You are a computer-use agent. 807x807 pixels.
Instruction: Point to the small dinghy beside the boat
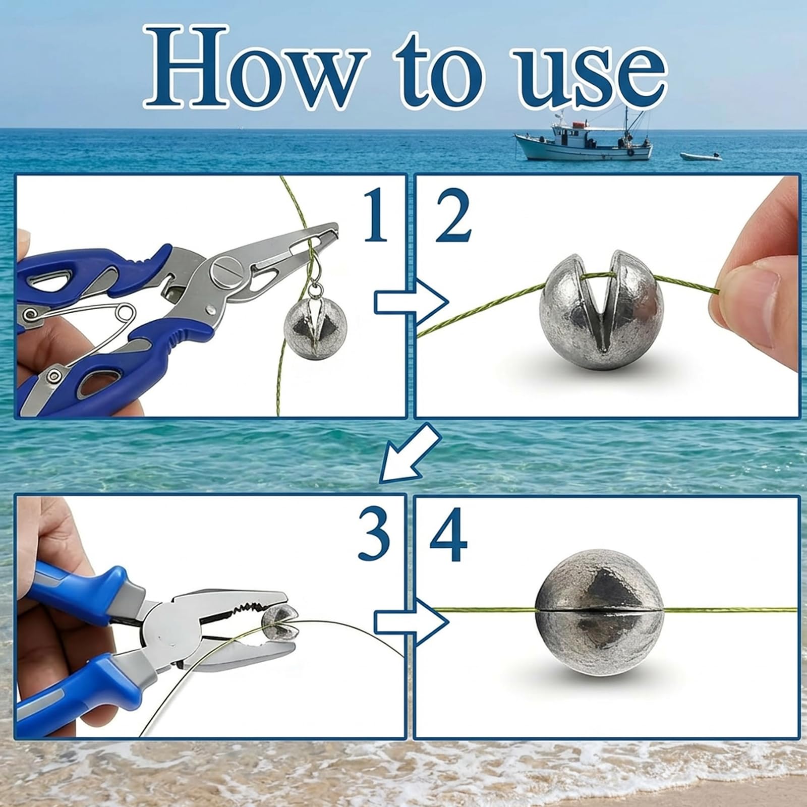(x=701, y=156)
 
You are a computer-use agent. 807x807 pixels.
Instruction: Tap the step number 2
(x=452, y=216)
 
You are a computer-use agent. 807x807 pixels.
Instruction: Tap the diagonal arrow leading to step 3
(x=410, y=451)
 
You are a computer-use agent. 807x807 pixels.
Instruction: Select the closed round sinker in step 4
(x=599, y=613)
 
